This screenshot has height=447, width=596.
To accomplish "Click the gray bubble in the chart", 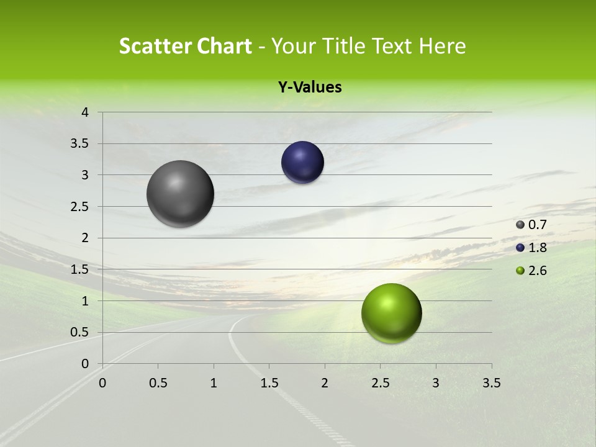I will [180, 194].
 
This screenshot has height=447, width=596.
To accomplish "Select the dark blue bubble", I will [302, 163].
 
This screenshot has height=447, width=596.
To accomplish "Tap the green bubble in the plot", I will [391, 313].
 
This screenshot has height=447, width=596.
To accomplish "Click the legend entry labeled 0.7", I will [531, 225].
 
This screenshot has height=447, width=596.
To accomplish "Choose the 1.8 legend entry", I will [531, 248].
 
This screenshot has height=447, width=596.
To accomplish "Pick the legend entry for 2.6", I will [531, 271].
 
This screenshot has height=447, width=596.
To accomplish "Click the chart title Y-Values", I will [310, 88].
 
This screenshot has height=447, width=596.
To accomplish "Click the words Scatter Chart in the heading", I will [185, 46].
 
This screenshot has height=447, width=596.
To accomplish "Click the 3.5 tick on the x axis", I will [491, 383].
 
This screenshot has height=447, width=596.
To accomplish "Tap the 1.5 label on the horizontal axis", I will [269, 383].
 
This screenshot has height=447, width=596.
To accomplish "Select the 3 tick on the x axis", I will [435, 383].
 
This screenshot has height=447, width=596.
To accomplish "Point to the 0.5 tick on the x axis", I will [158, 383].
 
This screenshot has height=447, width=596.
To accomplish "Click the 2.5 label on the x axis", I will [380, 383].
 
